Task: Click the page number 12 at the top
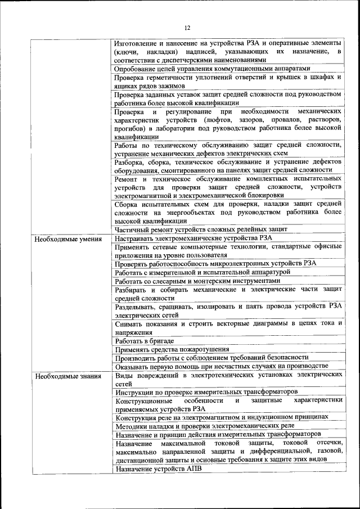pyautogui.click(x=187, y=26)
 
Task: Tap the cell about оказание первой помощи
pyautogui.click(x=224, y=366)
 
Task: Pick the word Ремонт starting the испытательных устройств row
pyautogui.click(x=127, y=178)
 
